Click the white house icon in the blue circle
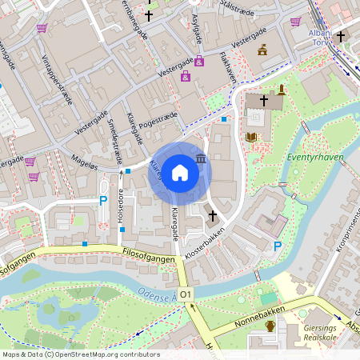point(179,173)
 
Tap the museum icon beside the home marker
point(199,160)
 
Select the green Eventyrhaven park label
point(316,157)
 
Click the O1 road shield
point(186,295)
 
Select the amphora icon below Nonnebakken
point(270,326)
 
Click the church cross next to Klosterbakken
point(213,215)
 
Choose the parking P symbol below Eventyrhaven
point(277,246)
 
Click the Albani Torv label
point(320,38)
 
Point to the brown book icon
point(252,137)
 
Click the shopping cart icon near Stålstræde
point(295,22)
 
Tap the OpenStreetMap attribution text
point(81,354)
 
